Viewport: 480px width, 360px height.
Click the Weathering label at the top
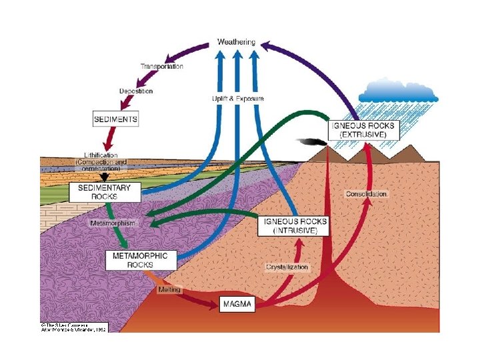click(236, 42)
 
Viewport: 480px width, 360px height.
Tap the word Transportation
click(161, 66)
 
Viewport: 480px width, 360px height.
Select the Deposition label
click(136, 91)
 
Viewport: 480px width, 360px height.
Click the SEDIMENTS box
click(115, 120)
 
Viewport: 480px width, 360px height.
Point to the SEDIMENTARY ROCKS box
click(105, 192)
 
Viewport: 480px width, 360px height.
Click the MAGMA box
click(238, 305)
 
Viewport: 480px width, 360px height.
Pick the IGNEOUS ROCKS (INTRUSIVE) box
click(295, 225)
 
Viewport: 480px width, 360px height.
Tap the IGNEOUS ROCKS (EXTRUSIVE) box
click(363, 129)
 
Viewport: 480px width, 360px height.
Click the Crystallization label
click(287, 267)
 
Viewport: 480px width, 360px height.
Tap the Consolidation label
click(366, 193)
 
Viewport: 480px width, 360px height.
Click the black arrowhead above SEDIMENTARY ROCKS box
click(105, 178)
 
